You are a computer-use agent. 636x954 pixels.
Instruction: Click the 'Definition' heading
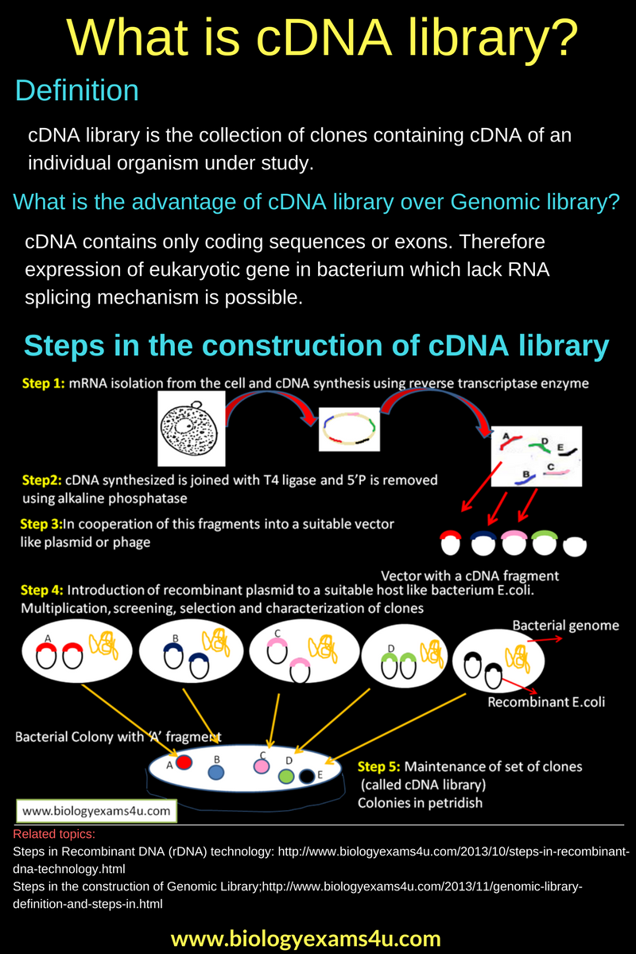(77, 91)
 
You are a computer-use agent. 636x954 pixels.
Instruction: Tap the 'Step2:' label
(41, 480)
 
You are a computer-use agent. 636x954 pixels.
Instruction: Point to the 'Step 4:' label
(43, 591)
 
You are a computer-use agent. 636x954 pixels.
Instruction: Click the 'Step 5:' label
(379, 766)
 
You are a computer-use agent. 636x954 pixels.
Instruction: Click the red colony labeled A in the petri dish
(184, 762)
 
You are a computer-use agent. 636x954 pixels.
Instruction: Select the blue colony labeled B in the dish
(215, 772)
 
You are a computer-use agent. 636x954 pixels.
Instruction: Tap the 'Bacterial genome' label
(565, 626)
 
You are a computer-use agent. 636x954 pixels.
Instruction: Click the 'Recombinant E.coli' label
(545, 702)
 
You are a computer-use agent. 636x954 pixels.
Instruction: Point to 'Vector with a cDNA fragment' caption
(470, 576)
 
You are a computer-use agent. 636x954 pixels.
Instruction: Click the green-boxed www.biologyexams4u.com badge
(96, 811)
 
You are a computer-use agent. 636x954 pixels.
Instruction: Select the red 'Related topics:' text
(54, 835)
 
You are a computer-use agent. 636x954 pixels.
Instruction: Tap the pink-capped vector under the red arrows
(514, 543)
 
